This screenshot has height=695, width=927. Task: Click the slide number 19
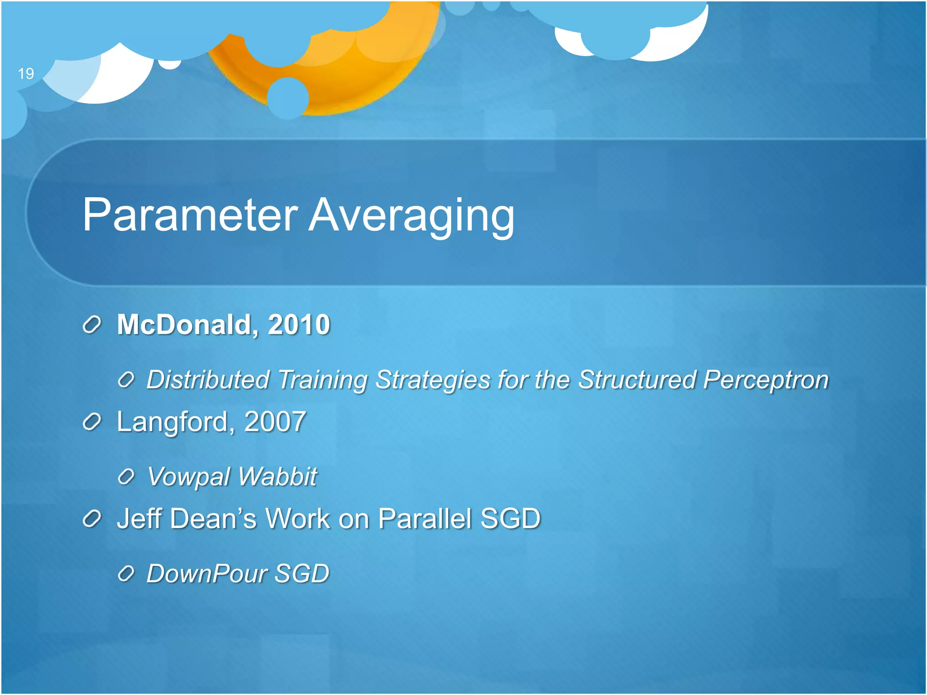26,73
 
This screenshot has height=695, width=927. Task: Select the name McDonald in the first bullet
184,324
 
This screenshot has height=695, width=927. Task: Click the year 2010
299,324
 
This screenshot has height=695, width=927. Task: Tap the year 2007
275,422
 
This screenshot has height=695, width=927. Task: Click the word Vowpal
189,476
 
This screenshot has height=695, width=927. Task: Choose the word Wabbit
277,476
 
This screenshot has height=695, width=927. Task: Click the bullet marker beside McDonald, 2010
92,325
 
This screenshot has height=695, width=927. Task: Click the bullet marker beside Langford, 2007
92,422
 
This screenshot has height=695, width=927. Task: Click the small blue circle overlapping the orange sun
288,98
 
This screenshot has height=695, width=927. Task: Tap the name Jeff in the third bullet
139,519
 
